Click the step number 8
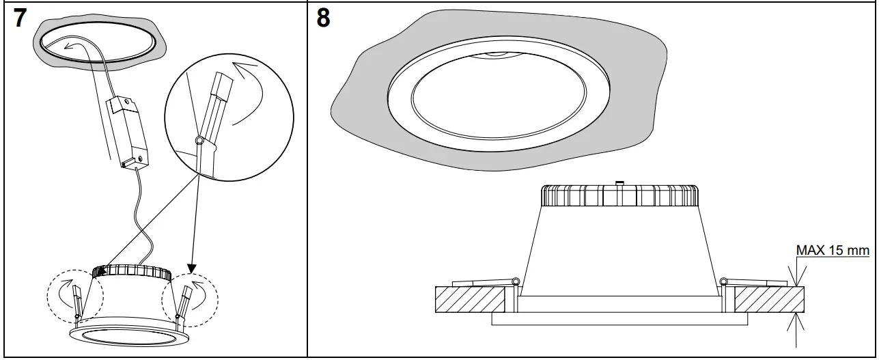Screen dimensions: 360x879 tap(324, 18)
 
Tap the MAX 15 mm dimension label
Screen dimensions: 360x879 tap(833, 251)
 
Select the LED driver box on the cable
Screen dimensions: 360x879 tap(127, 130)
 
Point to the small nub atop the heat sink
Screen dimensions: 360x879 tap(619, 182)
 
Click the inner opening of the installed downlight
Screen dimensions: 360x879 tap(498, 96)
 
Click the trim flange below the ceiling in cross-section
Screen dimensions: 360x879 tap(619, 319)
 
